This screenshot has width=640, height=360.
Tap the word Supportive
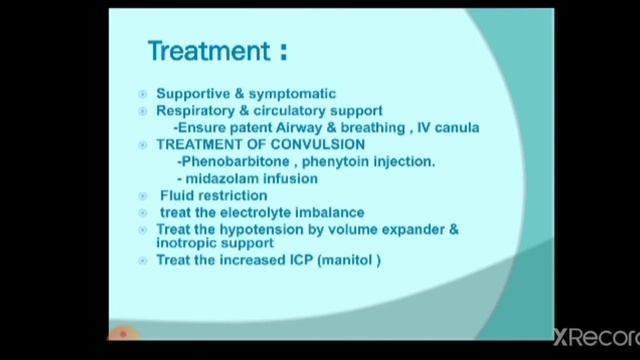pos(192,94)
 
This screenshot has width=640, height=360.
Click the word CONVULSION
pos(317,144)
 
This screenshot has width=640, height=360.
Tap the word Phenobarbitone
pos(227,161)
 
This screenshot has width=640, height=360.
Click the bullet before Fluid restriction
pos(143,196)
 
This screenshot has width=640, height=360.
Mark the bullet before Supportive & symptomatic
pos(143,94)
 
